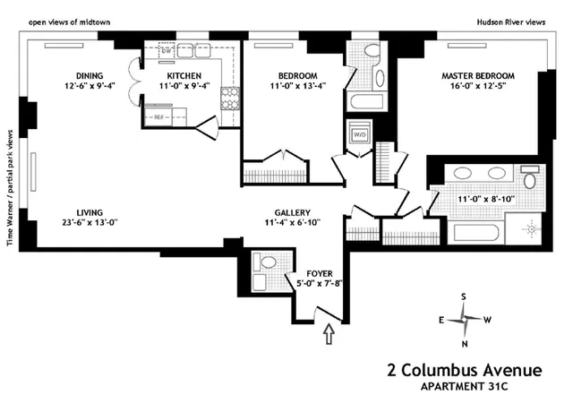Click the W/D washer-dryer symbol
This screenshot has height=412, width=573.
click(358, 135)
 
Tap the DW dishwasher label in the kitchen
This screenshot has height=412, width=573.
click(166, 52)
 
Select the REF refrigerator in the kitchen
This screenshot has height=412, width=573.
click(159, 116)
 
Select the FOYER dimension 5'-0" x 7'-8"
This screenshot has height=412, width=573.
click(320, 284)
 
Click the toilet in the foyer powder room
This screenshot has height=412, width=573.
click(266, 262)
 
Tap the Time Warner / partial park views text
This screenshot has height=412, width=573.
click(11, 186)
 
